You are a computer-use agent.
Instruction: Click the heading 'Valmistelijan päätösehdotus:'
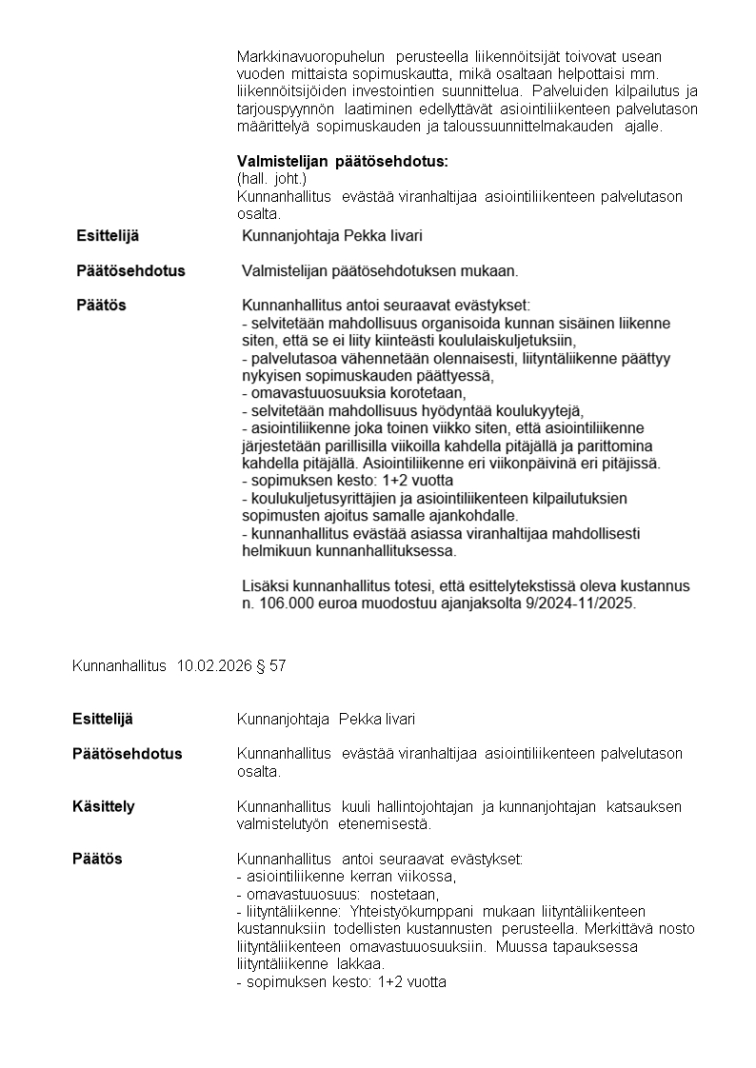click(x=342, y=162)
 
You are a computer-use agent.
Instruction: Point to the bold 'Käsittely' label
click(x=104, y=806)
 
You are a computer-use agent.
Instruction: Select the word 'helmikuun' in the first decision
click(x=274, y=550)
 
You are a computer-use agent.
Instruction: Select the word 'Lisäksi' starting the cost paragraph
click(x=266, y=585)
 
